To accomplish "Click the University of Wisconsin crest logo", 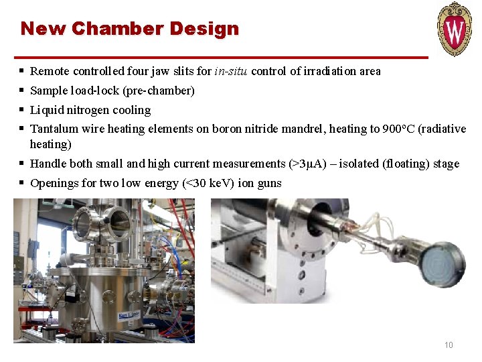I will (x=455, y=28).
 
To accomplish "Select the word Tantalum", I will (x=54, y=129).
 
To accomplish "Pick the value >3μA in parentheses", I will (x=307, y=164).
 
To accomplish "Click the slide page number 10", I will (x=449, y=345).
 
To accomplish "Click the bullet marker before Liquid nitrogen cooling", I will (x=22, y=110).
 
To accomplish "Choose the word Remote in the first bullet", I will (x=50, y=71).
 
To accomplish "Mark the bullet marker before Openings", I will (x=22, y=183).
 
